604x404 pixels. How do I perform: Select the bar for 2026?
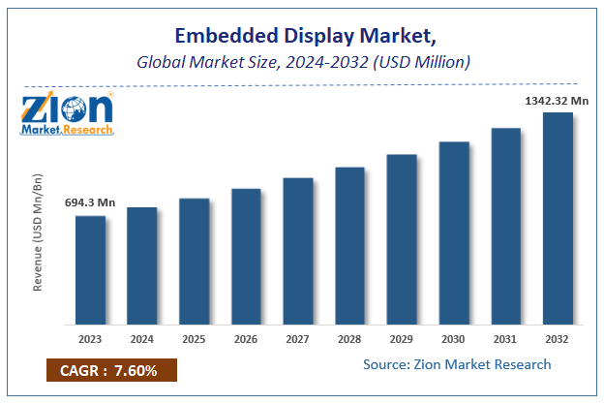246,256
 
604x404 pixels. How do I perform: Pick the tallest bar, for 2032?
558,218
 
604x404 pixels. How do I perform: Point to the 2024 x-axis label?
141,339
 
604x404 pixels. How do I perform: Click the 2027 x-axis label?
297,339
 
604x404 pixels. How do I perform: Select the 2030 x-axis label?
453,339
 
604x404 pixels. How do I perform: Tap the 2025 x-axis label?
194,339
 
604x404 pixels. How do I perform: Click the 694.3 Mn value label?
90,202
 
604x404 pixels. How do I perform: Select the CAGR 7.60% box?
111,371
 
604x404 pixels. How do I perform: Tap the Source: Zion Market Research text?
457,364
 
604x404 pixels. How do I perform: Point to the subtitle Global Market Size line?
302,63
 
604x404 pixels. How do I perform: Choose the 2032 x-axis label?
558,339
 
